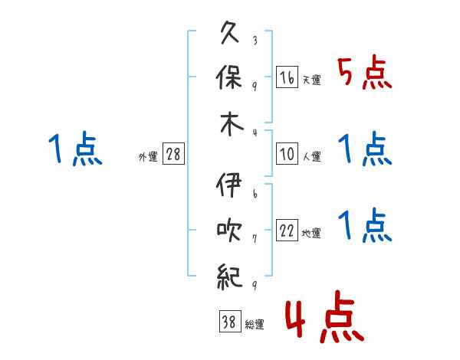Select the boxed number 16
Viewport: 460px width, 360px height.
click(287, 78)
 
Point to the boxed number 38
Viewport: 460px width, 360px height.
click(228, 323)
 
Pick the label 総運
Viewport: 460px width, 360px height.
click(255, 325)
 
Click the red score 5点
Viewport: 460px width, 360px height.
click(365, 74)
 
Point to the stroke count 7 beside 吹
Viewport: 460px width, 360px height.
click(255, 238)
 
